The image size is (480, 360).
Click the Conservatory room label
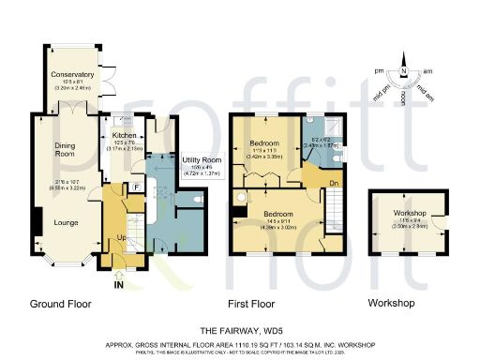(72, 74)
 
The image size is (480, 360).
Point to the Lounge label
(65, 223)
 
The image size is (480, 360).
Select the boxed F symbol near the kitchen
(137, 187)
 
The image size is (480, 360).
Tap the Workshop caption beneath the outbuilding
(391, 305)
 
